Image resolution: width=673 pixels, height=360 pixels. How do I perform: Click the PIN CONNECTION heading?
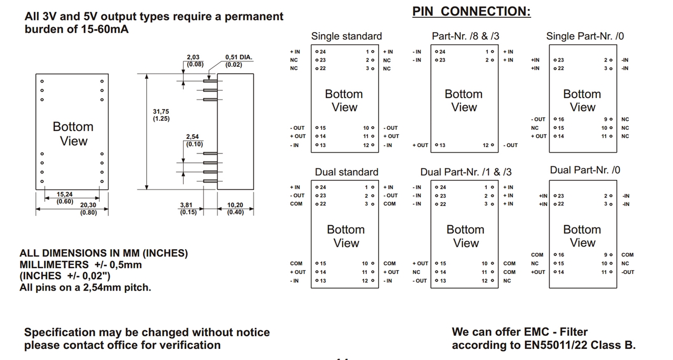tap(471, 12)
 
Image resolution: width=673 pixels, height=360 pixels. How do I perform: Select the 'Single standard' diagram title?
tap(346, 36)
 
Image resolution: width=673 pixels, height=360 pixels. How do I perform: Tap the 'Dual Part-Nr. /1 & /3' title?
tap(465, 172)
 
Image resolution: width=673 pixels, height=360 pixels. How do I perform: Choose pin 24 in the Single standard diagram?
tap(321, 52)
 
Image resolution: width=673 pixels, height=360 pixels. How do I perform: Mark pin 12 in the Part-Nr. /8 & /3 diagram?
tap(488, 145)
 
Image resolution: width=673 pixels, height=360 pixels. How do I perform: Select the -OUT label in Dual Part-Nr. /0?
tap(627, 272)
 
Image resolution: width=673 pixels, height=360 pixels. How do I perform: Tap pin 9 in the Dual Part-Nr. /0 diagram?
tap(608, 255)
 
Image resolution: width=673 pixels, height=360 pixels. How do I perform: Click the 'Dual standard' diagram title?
tap(346, 172)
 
